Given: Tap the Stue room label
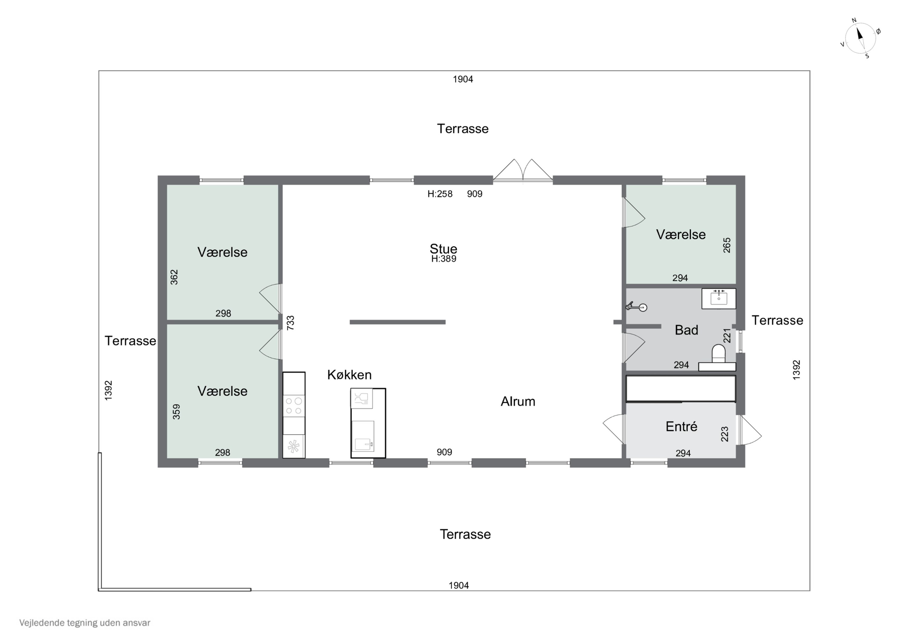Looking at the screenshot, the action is point(443,249).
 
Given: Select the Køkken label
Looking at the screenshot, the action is point(349,375).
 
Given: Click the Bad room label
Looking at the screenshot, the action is point(686,330).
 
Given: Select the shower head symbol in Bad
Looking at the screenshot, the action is point(636,307).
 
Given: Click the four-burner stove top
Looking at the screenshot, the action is point(294,406).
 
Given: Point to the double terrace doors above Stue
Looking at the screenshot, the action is point(522,170).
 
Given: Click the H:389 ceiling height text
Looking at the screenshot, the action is point(443,259).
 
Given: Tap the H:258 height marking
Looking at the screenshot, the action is point(440,194).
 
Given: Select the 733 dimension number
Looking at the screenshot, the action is point(290,322).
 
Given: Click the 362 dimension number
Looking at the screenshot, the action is point(174,277).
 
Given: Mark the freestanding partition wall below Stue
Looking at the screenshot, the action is point(397,322).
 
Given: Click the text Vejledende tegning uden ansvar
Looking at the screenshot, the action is point(85,623).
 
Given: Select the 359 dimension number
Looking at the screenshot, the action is point(176,411).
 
